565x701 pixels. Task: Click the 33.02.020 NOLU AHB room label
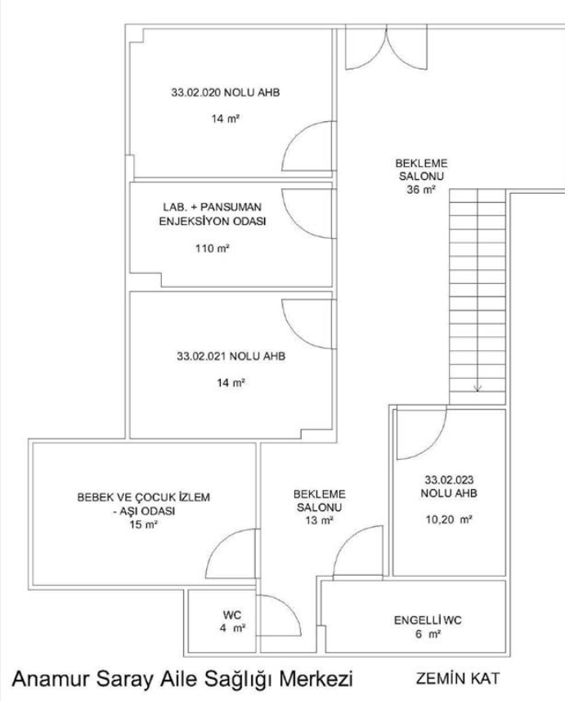coord(226,92)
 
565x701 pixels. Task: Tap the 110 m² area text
coord(212,248)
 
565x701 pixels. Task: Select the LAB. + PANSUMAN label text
coord(213,208)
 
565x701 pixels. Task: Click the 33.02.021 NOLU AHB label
coord(231,357)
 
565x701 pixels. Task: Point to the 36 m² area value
coord(421,190)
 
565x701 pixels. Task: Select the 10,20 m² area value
coord(449,519)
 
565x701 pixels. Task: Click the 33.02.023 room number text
coord(449,479)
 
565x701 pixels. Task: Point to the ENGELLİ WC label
coord(428,621)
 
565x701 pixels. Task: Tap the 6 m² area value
coord(428,635)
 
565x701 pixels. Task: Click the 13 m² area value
coord(319,520)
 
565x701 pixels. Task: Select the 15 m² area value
coord(143,524)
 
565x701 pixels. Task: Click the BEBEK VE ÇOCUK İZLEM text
coord(143,497)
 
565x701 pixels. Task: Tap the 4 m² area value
coord(232,628)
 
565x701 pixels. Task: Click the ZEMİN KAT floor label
coord(457,678)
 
